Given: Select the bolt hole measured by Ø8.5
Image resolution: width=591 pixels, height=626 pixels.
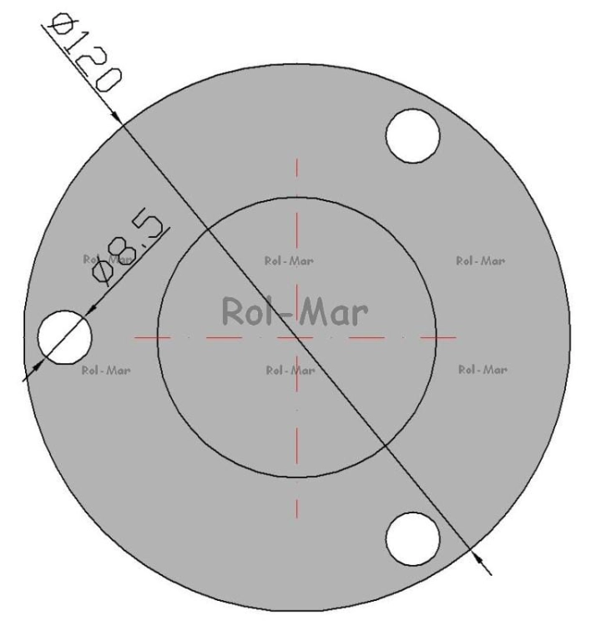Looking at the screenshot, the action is coord(64,337).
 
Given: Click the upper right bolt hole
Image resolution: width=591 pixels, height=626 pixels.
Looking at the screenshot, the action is coord(413,136).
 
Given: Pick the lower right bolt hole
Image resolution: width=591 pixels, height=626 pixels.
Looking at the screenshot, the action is coord(413,538).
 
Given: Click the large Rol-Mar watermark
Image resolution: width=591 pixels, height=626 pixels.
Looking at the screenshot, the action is coord(295,311).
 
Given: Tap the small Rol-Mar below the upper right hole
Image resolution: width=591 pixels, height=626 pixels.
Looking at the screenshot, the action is coord(480,261).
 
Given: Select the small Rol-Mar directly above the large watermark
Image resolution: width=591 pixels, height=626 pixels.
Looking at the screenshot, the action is coord(289,261).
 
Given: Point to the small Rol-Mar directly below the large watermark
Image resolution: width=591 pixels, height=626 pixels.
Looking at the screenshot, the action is coord(290,371).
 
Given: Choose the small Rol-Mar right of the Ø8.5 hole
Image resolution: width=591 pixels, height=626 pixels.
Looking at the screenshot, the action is coord(106,371).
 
